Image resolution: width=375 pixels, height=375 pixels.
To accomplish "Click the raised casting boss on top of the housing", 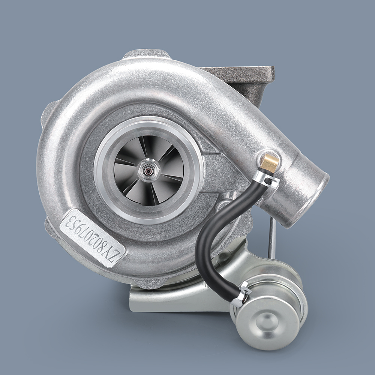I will (x=146, y=54).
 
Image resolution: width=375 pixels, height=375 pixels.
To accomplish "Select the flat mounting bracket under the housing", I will (x=169, y=300).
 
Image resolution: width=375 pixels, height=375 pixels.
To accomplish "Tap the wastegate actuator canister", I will (x=268, y=311).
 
